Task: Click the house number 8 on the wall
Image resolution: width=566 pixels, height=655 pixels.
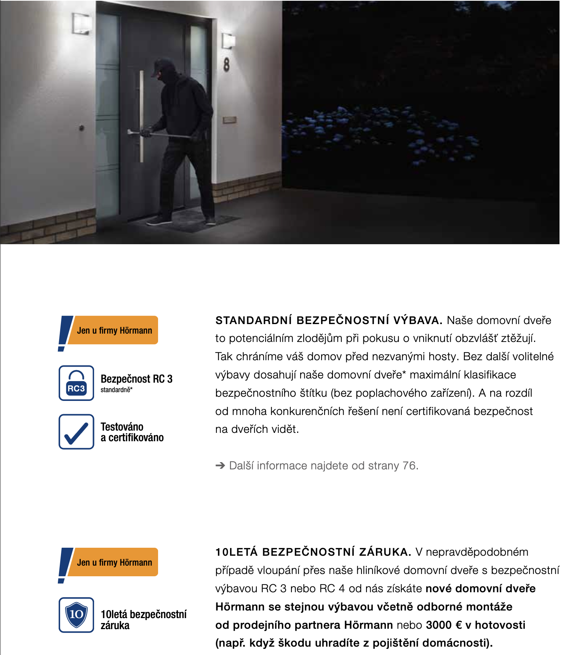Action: click(227, 64)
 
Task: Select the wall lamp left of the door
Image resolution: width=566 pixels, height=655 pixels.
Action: click(82, 24)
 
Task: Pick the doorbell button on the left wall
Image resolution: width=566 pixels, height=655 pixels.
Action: click(81, 128)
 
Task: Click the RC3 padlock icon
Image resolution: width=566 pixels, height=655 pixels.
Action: click(76, 383)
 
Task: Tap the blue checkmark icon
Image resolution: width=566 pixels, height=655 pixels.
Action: click(76, 432)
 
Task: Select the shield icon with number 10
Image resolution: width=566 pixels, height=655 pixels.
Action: click(76, 615)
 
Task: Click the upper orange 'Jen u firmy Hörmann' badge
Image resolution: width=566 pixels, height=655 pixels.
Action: click(114, 330)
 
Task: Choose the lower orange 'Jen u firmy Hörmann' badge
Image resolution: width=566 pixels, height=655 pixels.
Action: click(114, 562)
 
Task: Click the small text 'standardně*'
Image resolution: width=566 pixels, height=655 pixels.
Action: click(117, 390)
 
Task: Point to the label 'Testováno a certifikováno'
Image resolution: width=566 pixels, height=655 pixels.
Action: click(132, 432)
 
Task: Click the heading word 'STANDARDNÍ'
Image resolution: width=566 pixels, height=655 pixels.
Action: click(254, 320)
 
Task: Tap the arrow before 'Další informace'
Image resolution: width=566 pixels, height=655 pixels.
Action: click(220, 466)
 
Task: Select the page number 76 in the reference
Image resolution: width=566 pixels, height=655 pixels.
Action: click(409, 466)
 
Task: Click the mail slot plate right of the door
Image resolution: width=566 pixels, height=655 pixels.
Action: click(230, 120)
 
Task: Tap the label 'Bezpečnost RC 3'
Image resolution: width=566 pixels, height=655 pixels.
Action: click(136, 379)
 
